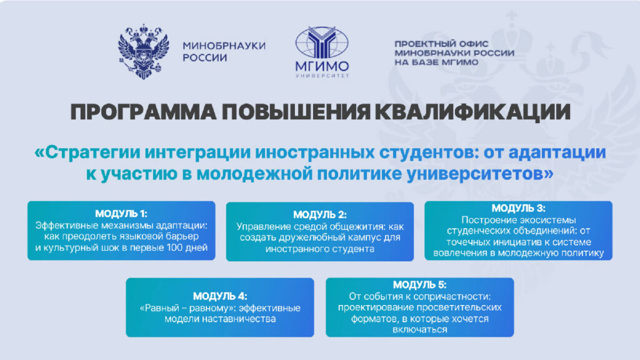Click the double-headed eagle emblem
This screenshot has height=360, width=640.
[x=144, y=51]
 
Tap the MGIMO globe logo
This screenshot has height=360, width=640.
[x=322, y=42]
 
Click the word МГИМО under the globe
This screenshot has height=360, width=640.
[x=322, y=66]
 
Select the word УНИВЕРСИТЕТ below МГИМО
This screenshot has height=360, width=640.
[x=322, y=76]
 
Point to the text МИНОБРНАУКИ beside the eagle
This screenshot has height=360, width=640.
[x=224, y=46]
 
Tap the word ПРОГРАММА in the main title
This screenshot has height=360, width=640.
[x=144, y=112]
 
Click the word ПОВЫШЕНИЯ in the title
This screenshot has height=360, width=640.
[x=296, y=112]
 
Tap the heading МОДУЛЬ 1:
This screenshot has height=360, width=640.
[x=121, y=214]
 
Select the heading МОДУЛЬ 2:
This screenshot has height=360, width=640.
[x=320, y=215]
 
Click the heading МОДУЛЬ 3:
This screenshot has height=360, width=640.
[x=518, y=208]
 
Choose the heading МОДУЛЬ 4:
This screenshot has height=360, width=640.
[x=220, y=296]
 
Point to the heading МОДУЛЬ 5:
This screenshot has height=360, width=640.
[x=419, y=284]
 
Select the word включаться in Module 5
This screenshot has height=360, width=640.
[x=419, y=329]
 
